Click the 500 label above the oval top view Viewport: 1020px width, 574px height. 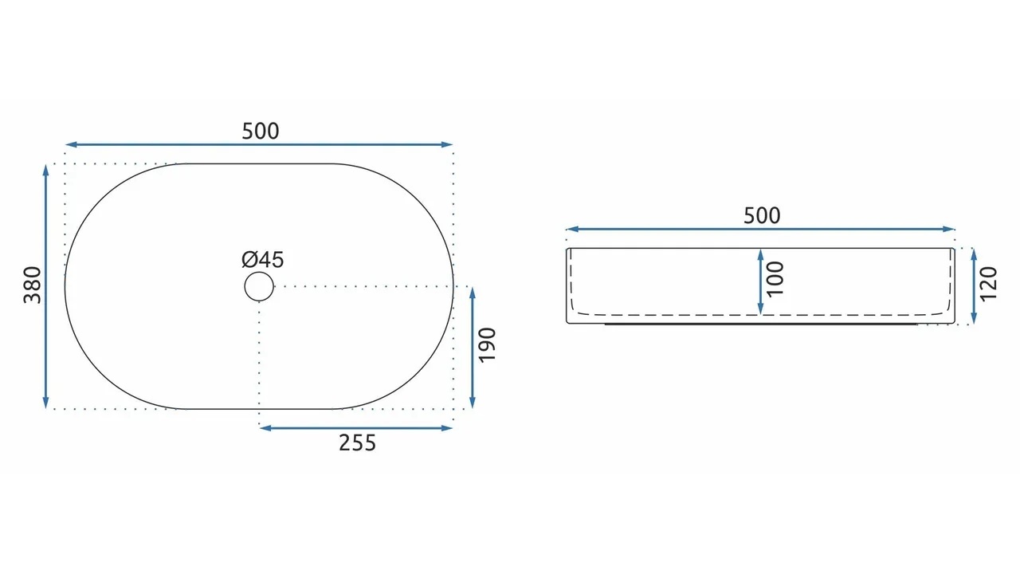(x=261, y=132)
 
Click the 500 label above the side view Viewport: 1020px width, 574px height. (x=762, y=215)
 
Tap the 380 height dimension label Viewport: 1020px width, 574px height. (x=33, y=285)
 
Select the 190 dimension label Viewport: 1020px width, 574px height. (x=487, y=345)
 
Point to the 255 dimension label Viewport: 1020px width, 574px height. (x=358, y=442)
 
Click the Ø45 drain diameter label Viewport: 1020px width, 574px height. (x=263, y=260)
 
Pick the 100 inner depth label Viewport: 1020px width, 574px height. (x=775, y=279)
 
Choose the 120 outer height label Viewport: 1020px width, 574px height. (x=989, y=285)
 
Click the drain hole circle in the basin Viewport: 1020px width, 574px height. (x=259, y=272)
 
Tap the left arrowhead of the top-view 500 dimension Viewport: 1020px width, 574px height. (x=71, y=145)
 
